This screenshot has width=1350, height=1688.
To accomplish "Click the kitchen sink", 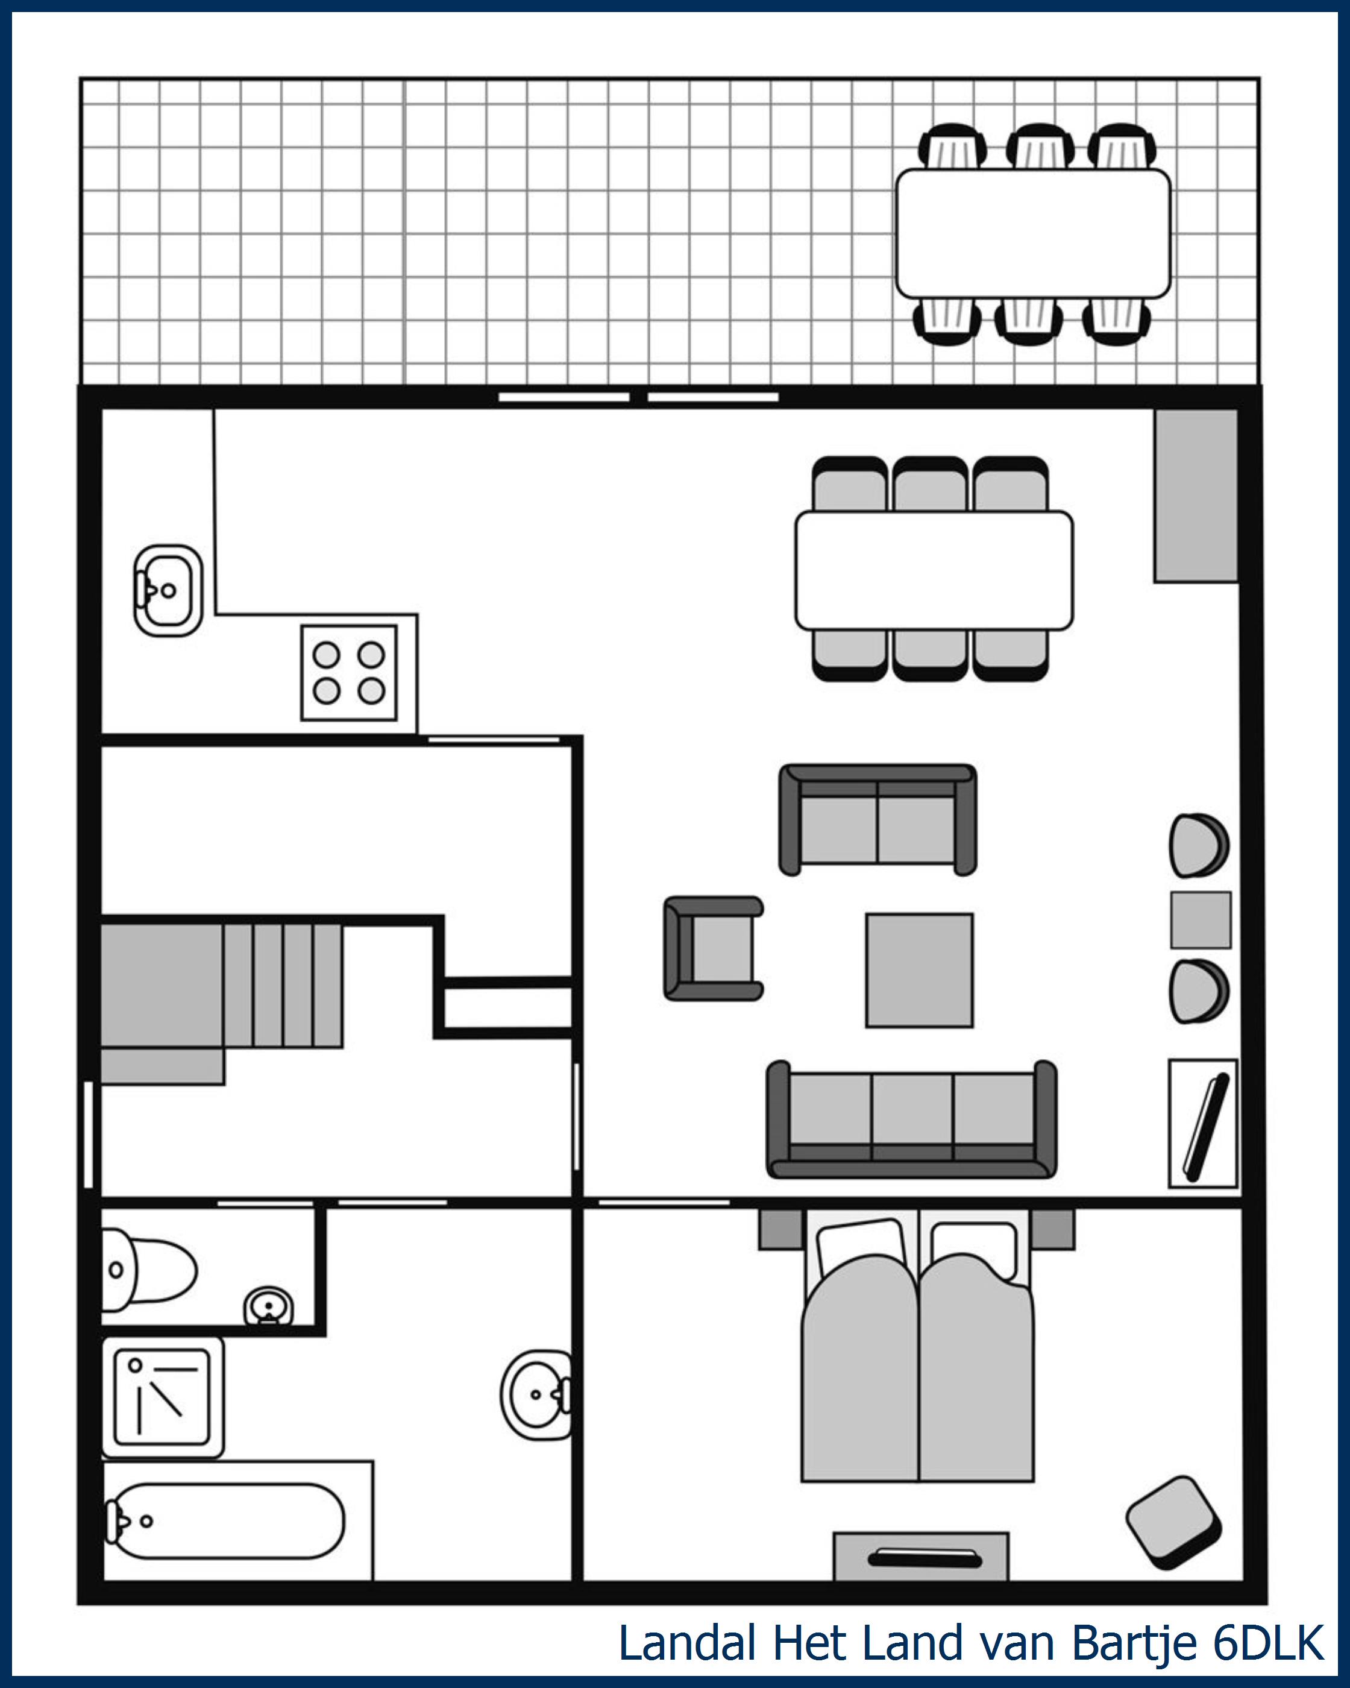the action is click(168, 590).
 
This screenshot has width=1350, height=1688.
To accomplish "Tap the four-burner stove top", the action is click(349, 673).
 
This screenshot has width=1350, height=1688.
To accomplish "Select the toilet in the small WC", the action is click(149, 1269).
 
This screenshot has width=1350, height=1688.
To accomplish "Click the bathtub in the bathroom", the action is click(225, 1520).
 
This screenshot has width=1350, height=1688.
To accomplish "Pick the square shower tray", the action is click(163, 1397).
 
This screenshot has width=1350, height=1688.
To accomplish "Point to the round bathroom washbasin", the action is click(536, 1394).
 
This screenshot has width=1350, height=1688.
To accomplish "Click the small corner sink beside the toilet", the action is click(268, 1305).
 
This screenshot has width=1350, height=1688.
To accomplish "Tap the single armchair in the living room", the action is click(713, 948).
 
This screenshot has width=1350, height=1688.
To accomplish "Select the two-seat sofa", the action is click(877, 819).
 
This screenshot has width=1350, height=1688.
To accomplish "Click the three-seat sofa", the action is click(912, 1119).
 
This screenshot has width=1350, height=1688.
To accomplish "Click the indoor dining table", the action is click(934, 570).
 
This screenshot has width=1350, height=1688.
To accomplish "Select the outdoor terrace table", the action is click(1033, 233).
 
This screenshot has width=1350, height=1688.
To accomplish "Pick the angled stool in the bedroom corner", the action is click(1173, 1523).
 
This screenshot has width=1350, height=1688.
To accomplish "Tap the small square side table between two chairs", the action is click(1201, 919).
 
